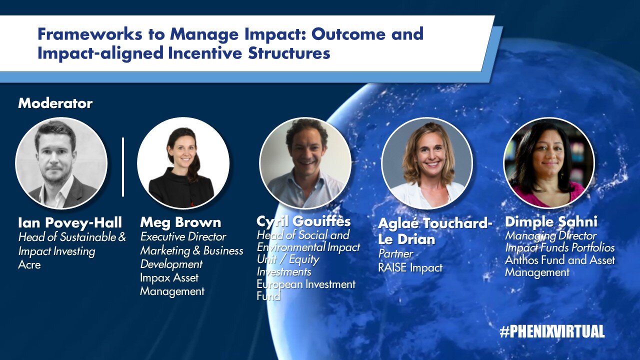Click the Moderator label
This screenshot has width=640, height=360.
55,103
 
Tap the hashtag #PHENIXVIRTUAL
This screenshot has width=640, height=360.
552,331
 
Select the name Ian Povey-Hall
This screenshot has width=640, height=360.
70,223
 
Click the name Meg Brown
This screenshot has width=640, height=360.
180,222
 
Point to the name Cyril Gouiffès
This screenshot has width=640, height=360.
303,221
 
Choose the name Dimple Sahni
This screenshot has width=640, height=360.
551,222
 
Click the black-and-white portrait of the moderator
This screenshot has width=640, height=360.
61,163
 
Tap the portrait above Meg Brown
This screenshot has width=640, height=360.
183,163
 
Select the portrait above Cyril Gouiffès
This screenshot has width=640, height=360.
305,163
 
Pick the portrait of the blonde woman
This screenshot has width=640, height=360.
427,163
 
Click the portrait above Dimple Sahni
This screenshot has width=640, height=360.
549,163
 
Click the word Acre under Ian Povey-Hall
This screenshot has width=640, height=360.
29,264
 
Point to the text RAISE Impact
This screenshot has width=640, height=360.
410,267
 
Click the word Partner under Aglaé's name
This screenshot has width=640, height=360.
395,253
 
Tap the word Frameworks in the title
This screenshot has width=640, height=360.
89,34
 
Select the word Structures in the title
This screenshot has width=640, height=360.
289,53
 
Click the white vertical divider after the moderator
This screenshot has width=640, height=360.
123,167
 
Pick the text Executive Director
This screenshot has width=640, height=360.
183,236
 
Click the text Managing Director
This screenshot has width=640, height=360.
551,235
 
